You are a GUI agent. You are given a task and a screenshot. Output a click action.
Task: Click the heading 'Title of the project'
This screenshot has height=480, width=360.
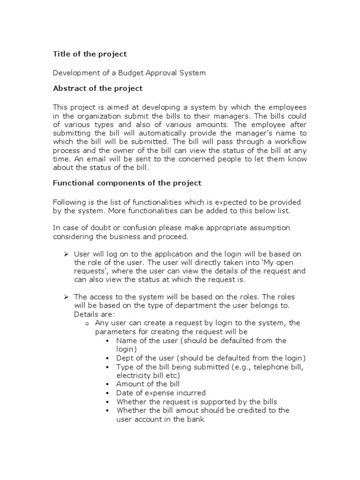(90, 54)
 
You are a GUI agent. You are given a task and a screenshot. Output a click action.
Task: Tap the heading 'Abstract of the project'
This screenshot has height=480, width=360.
(97, 88)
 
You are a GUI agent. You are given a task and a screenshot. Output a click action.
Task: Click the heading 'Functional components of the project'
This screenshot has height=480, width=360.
(127, 183)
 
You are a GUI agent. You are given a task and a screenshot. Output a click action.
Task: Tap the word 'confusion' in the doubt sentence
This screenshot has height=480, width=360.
(127, 227)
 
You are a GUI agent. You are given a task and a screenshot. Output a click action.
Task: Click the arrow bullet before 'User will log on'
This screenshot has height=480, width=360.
(67, 254)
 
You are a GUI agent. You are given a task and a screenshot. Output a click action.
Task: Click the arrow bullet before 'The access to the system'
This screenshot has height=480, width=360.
(67, 297)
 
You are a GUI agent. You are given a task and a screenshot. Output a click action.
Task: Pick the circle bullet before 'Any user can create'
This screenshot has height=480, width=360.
(87, 323)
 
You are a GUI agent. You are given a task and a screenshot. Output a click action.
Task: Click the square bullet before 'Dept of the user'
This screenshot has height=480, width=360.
(108, 358)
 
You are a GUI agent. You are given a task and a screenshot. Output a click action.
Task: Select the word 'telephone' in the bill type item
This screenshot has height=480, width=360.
(256, 367)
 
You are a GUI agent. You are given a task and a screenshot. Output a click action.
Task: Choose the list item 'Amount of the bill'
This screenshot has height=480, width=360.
(148, 384)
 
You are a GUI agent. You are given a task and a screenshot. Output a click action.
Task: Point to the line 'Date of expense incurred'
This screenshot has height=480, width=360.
(161, 393)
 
